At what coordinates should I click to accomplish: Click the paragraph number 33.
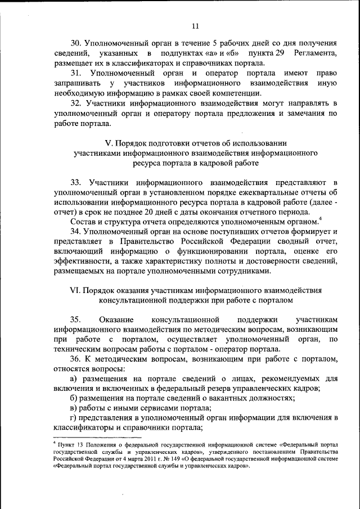[x=76, y=183]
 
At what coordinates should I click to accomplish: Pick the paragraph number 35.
[x=76, y=319]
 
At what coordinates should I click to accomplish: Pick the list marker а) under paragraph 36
[x=74, y=380]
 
